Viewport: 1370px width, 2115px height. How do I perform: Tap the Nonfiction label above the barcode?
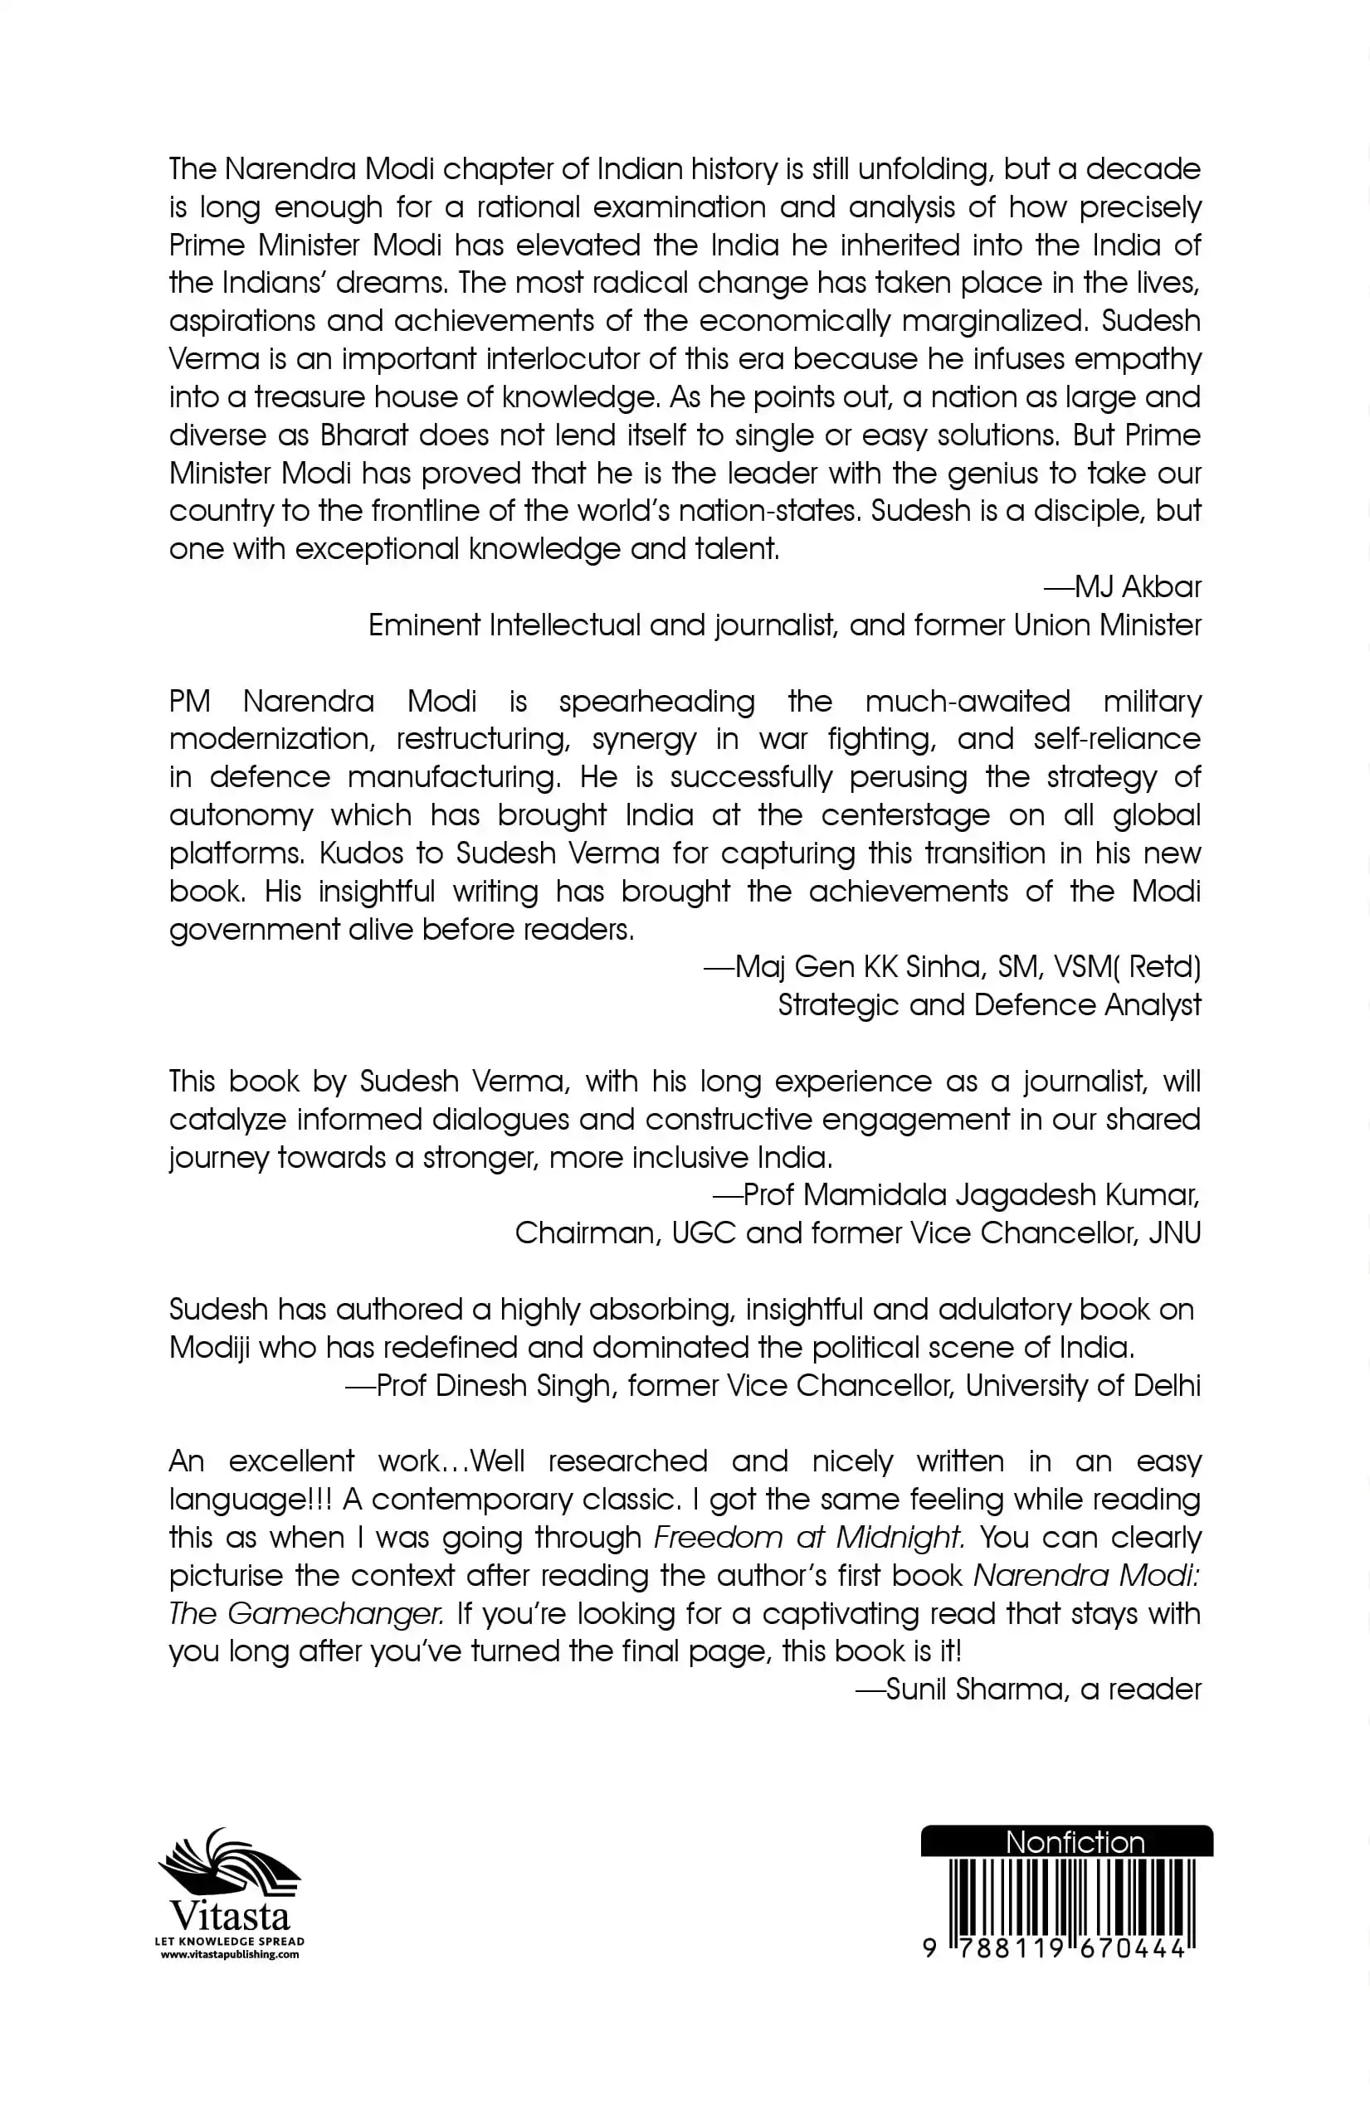1074,1842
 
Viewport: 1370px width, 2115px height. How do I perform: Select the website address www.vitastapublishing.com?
229,1954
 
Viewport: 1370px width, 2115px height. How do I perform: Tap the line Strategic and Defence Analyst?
988,1004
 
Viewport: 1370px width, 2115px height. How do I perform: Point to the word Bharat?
363,435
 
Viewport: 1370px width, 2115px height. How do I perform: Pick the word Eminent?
423,625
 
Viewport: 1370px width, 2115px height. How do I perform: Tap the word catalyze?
227,1119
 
